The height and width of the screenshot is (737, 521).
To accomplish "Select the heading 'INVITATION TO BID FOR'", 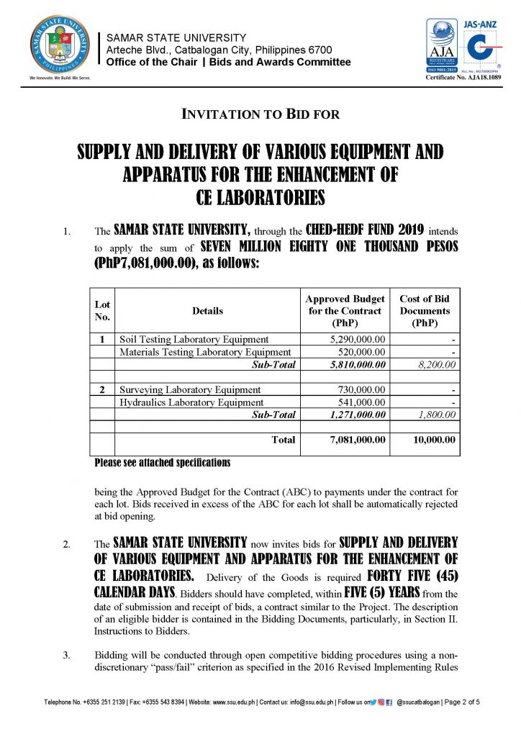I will [260, 114].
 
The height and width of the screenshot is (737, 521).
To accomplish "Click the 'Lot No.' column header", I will [102, 311].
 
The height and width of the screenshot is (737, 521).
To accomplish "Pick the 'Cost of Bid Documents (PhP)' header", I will [425, 311].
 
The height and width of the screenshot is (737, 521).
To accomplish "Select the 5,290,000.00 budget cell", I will [362, 339].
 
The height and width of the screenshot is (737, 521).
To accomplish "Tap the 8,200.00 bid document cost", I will [435, 365].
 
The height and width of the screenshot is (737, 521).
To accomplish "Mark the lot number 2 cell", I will [102, 389].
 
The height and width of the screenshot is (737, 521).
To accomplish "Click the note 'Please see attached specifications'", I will [162, 461].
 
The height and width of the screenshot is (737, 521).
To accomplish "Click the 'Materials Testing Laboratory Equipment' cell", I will [205, 352].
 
